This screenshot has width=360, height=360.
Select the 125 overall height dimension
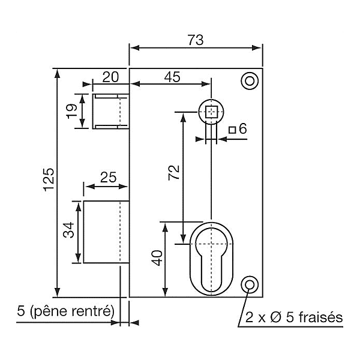point(49,180)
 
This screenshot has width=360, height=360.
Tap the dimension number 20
point(110,76)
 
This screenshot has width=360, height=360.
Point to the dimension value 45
point(172,76)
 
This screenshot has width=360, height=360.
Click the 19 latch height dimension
point(71,110)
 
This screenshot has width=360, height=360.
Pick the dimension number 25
point(107,178)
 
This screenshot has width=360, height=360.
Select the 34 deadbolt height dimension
point(68,230)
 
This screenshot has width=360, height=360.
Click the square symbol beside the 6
point(232,128)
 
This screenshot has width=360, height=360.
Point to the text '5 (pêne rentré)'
point(65,311)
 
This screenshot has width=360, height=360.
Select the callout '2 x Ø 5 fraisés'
point(292,316)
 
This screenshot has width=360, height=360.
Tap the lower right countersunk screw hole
point(248,284)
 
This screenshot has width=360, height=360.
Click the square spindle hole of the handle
point(211,111)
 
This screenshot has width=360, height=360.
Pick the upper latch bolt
point(111,110)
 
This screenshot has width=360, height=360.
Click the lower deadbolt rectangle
point(106,232)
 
